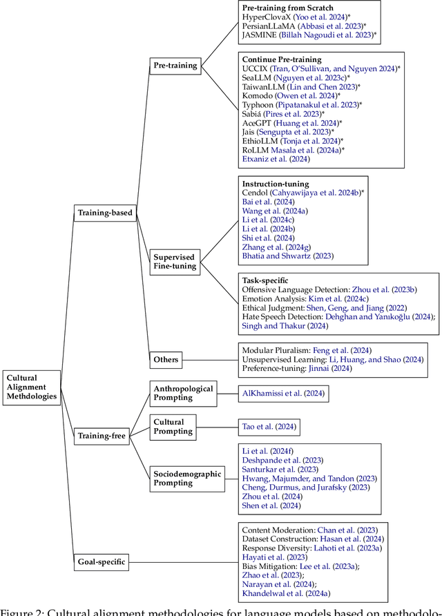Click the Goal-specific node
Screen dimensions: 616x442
click(102, 561)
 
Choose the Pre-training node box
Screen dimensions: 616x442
click(175, 66)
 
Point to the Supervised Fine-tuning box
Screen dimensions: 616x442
click(175, 261)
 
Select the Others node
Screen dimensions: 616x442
click(166, 359)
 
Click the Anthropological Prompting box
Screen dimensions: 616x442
click(184, 394)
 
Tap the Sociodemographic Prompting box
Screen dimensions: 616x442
click(187, 478)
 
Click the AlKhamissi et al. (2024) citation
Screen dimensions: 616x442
click(282, 394)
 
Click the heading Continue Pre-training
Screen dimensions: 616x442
click(281, 60)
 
